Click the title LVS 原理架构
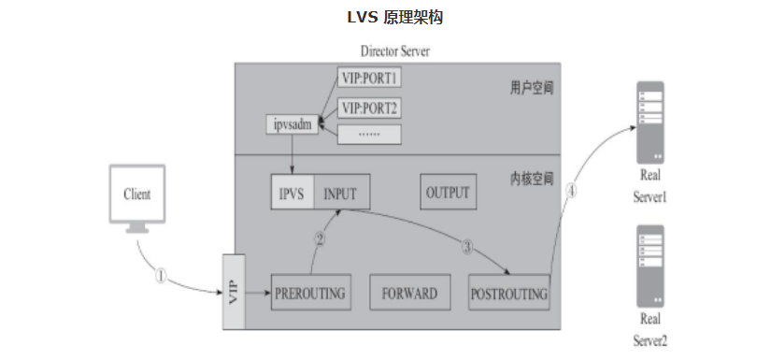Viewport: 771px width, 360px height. click(x=385, y=17)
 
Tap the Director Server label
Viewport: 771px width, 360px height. click(x=395, y=50)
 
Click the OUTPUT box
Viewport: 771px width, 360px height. click(x=447, y=193)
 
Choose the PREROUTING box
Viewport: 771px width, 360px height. click(x=309, y=293)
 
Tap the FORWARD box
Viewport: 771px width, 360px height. click(x=409, y=293)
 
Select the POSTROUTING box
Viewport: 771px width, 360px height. click(x=508, y=293)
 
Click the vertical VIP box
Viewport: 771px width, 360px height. click(x=234, y=291)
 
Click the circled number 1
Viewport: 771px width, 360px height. click(x=161, y=276)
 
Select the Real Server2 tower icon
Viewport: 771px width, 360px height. click(x=650, y=266)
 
